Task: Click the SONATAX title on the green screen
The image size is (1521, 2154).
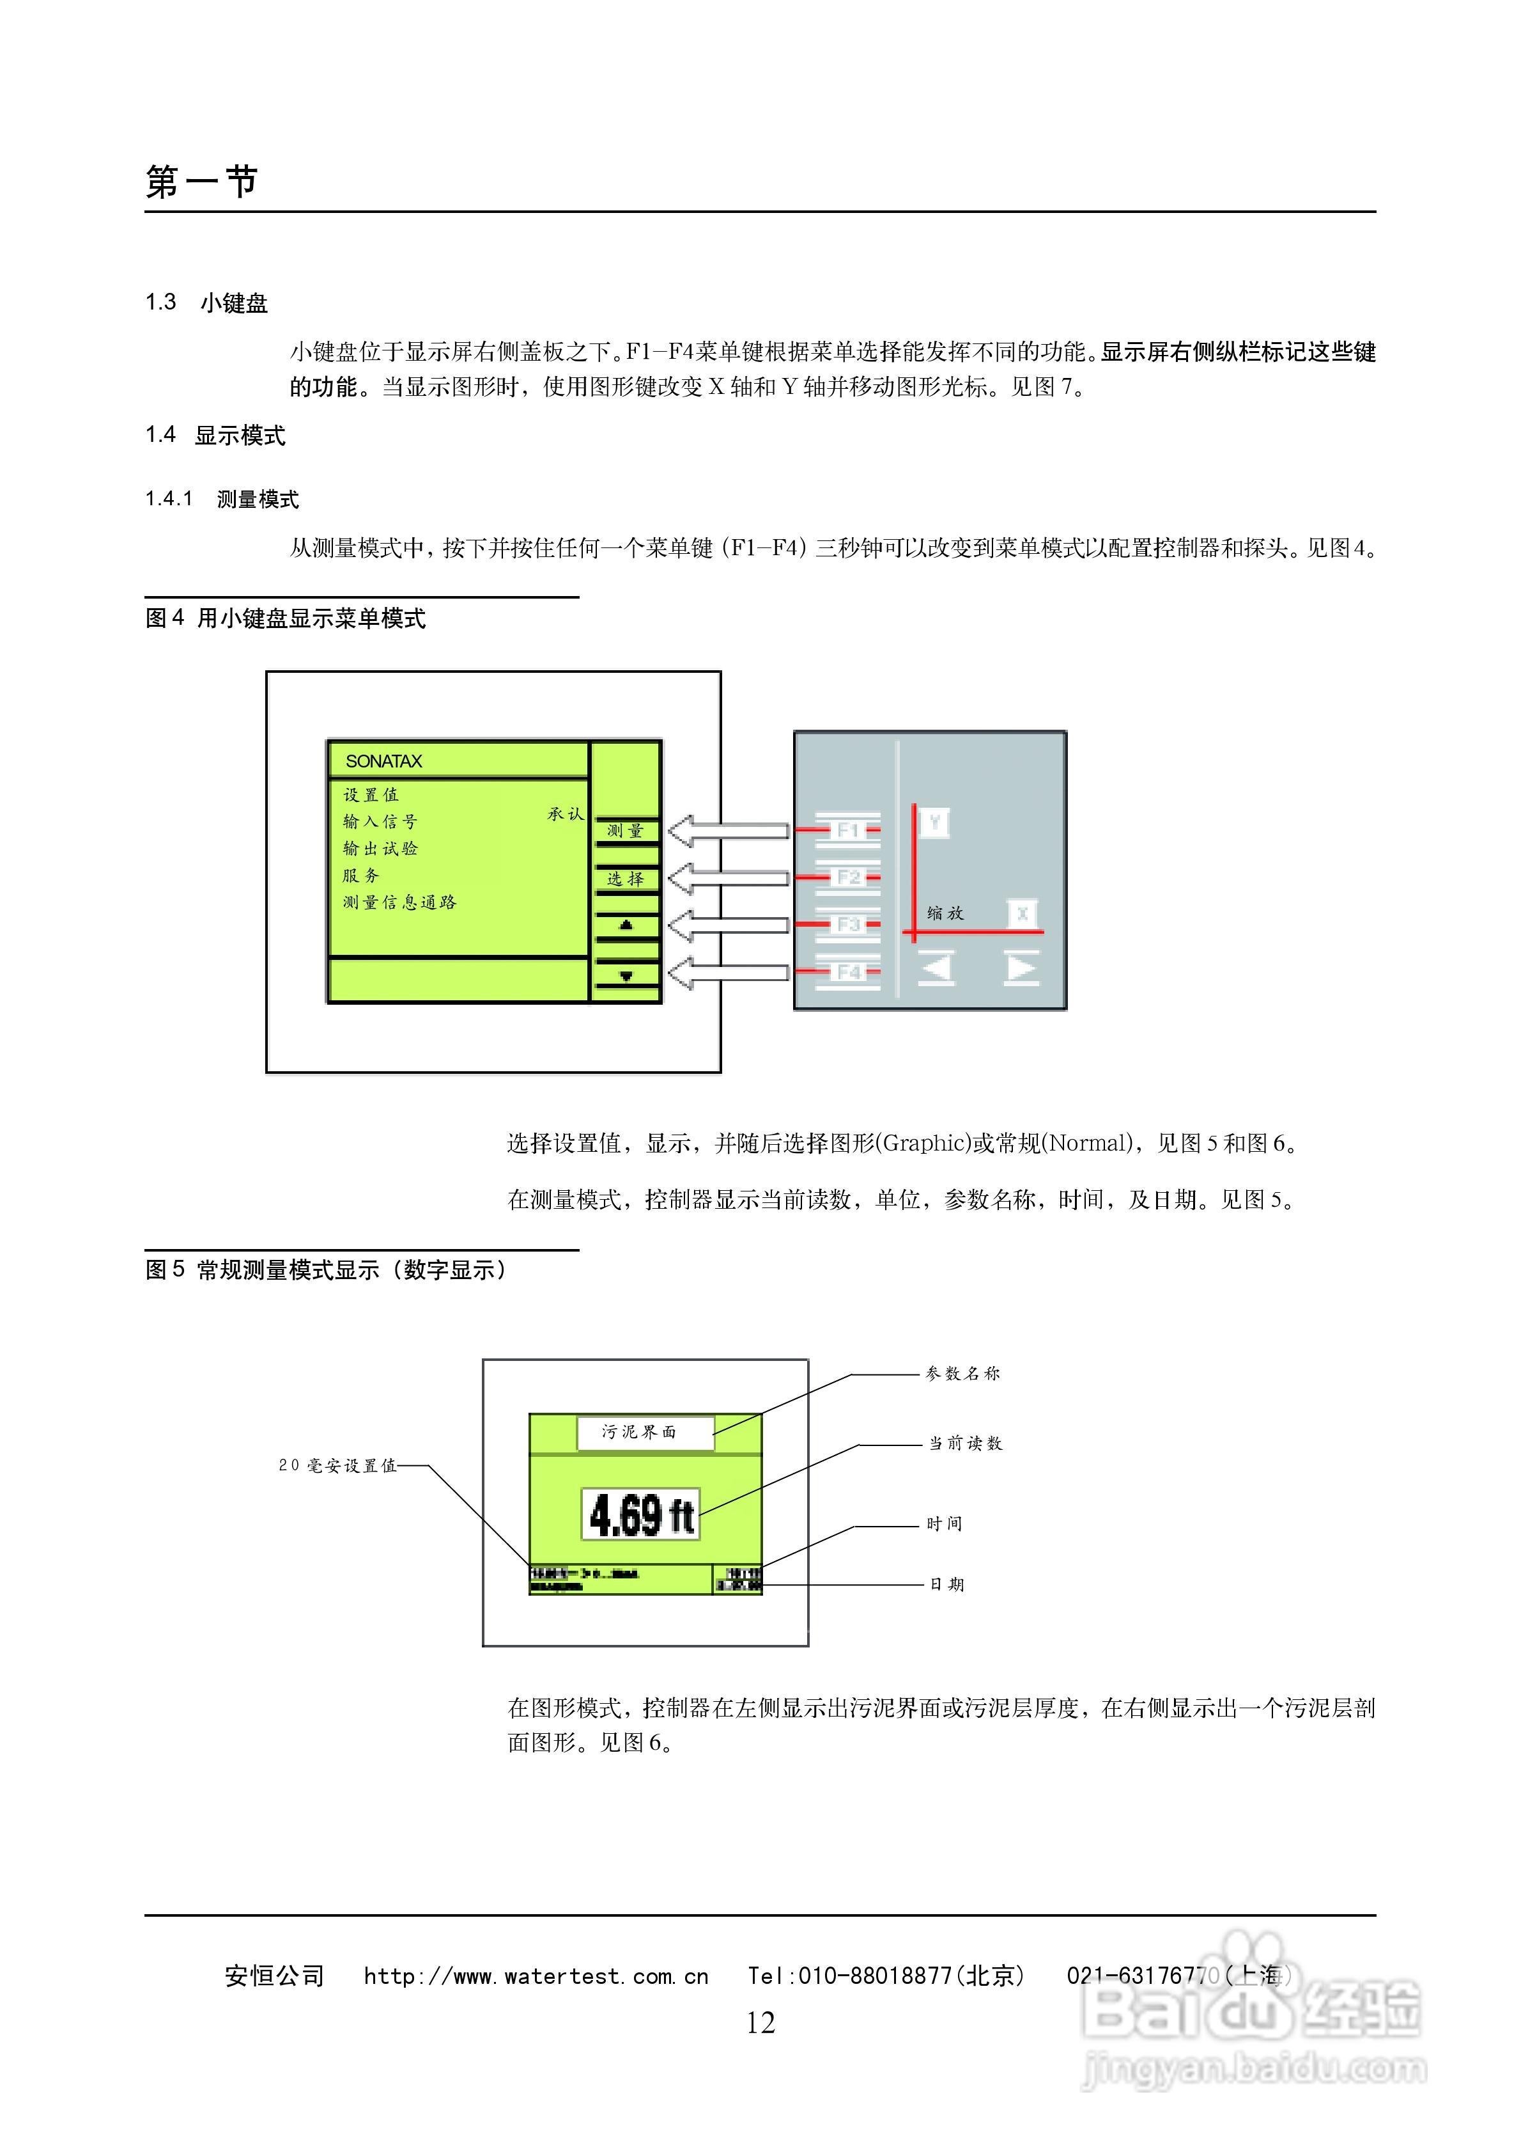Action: tap(383, 761)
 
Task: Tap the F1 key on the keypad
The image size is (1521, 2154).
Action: tap(847, 830)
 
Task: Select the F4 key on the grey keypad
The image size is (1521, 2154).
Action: tap(847, 972)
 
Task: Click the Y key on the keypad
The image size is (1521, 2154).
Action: tap(934, 822)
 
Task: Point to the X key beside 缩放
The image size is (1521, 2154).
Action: tap(1022, 913)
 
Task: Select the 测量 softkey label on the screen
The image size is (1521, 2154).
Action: tap(626, 830)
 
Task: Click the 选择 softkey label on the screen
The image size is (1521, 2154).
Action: tap(626, 879)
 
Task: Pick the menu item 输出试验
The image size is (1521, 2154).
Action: tap(380, 848)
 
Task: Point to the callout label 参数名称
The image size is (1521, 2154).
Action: tap(963, 1374)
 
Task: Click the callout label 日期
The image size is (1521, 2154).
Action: tap(946, 1585)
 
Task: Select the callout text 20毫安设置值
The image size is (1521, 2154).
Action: tap(337, 1465)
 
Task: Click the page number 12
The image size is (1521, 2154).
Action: tap(760, 2023)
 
